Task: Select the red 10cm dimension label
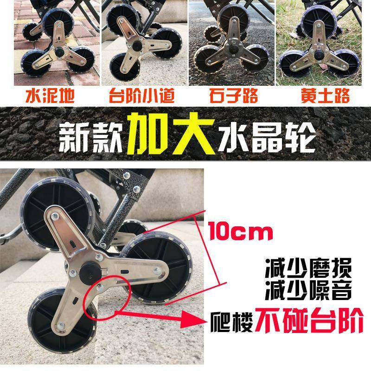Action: click(x=241, y=230)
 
